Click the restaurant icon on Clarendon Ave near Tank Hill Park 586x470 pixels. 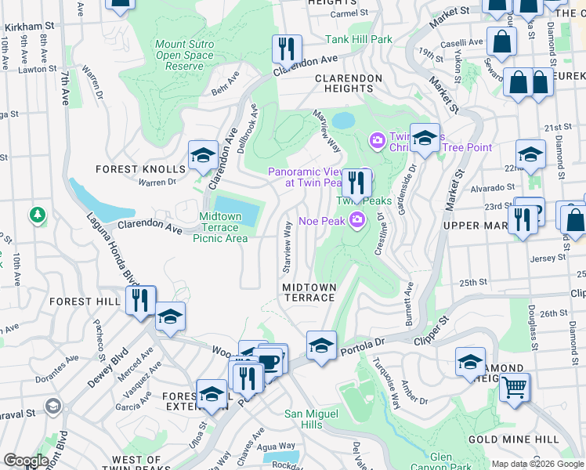[x=287, y=49]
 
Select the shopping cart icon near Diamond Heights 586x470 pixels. [x=514, y=386]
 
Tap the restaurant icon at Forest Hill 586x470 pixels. [x=141, y=300]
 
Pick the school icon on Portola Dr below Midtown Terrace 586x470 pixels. [x=321, y=345]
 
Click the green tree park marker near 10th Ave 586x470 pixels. [x=36, y=214]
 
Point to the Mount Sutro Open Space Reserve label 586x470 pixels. [x=184, y=56]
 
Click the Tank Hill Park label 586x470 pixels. [x=359, y=39]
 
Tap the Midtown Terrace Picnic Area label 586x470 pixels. [x=220, y=228]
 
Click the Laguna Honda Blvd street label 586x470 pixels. [x=111, y=251]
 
